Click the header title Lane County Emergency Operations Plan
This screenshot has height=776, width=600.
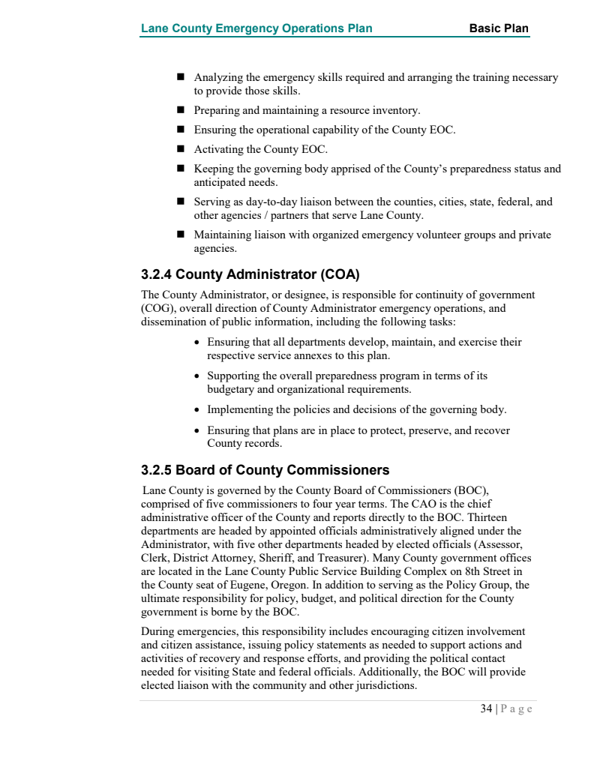click(256, 29)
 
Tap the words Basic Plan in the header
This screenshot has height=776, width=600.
click(499, 29)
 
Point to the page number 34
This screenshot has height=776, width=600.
click(487, 709)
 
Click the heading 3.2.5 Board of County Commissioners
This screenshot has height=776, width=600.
click(265, 471)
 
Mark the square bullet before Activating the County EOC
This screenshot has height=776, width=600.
click(181, 149)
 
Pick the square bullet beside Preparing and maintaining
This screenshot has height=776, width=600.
click(181, 110)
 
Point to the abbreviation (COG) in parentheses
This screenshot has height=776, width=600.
click(157, 308)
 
